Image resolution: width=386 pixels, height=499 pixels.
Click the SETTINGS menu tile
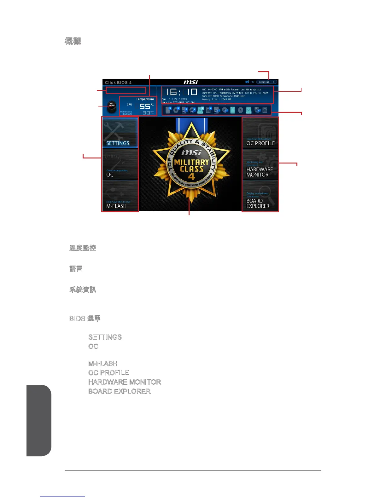pos(120,133)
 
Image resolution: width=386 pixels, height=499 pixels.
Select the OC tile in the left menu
pos(120,164)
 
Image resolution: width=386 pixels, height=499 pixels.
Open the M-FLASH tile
pos(120,196)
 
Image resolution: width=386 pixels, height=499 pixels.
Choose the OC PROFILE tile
pos(260,133)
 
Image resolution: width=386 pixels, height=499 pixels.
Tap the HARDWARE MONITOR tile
pos(260,164)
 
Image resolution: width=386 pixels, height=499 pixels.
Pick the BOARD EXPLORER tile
pos(260,196)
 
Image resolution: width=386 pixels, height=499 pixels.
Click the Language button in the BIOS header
pos(264,82)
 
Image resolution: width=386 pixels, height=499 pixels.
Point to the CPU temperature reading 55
pos(145,106)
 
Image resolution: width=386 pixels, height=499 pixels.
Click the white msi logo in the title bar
pos(191,82)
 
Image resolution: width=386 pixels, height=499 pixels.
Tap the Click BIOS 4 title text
pos(118,83)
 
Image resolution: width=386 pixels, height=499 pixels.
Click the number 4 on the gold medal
pos(191,177)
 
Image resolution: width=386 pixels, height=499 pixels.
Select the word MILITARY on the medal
pos(191,162)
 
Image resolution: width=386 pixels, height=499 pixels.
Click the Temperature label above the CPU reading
pos(145,99)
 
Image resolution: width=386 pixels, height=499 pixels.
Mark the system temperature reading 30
pos(146,113)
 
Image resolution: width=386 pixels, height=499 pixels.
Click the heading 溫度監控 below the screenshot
pos(83,248)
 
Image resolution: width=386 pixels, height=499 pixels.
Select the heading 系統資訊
pos(83,290)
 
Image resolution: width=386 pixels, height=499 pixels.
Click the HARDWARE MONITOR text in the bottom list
pos(125,382)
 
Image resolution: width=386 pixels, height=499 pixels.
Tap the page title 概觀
pos(73,41)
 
